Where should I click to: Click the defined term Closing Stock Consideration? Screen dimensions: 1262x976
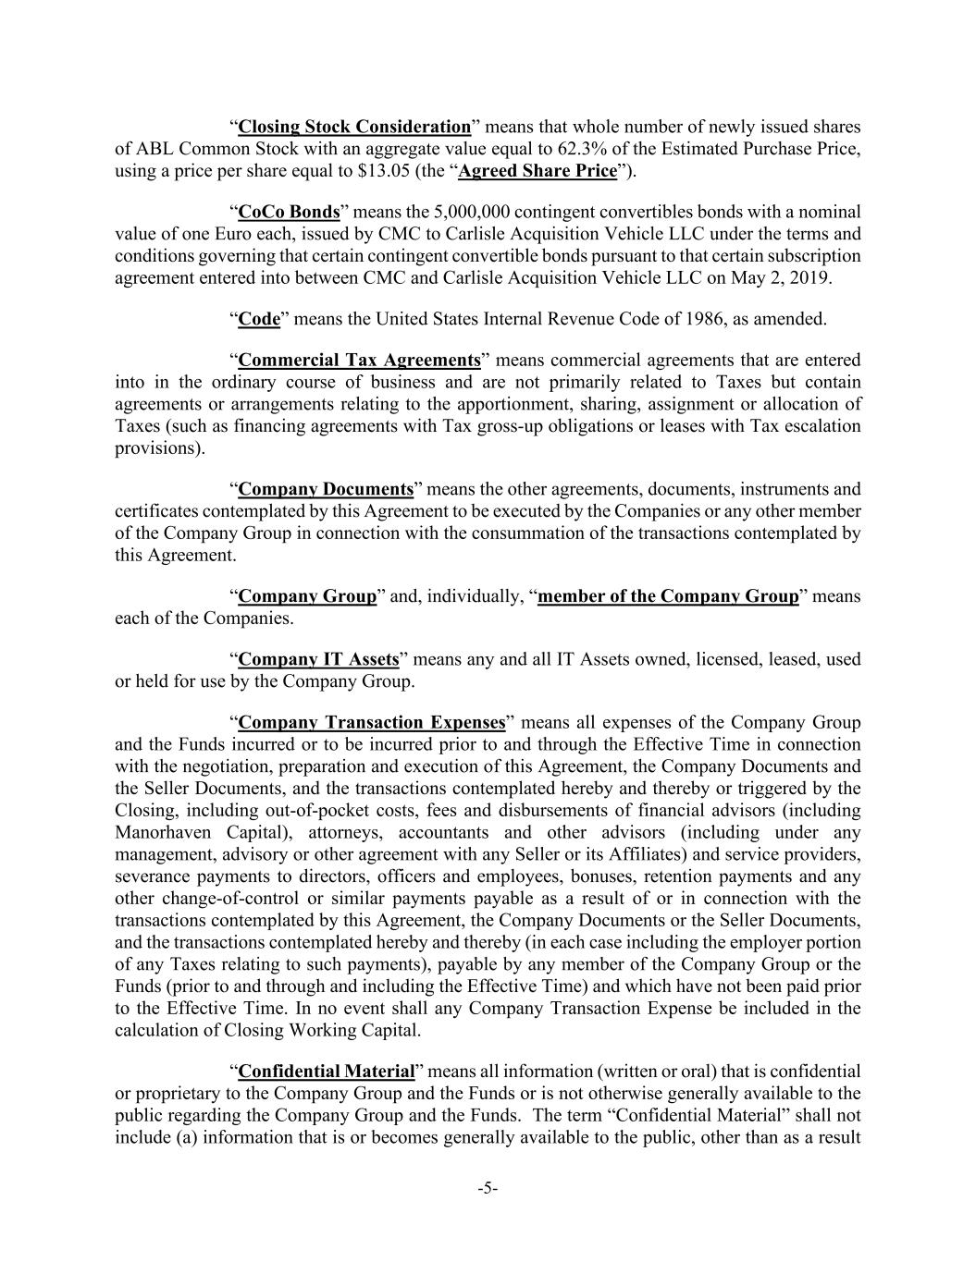click(x=354, y=127)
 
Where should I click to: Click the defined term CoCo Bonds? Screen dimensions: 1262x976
click(x=289, y=212)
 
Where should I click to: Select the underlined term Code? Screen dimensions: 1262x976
click(x=259, y=319)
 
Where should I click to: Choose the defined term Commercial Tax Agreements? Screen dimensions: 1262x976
click(x=359, y=360)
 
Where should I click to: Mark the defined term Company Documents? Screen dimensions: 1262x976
click(x=326, y=489)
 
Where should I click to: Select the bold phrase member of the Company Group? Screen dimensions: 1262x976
click(x=668, y=596)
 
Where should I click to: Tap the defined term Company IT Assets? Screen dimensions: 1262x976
click(x=318, y=659)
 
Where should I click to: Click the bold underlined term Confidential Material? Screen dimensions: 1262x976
click(x=327, y=1072)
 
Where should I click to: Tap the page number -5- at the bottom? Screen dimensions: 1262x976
click(x=488, y=1189)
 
